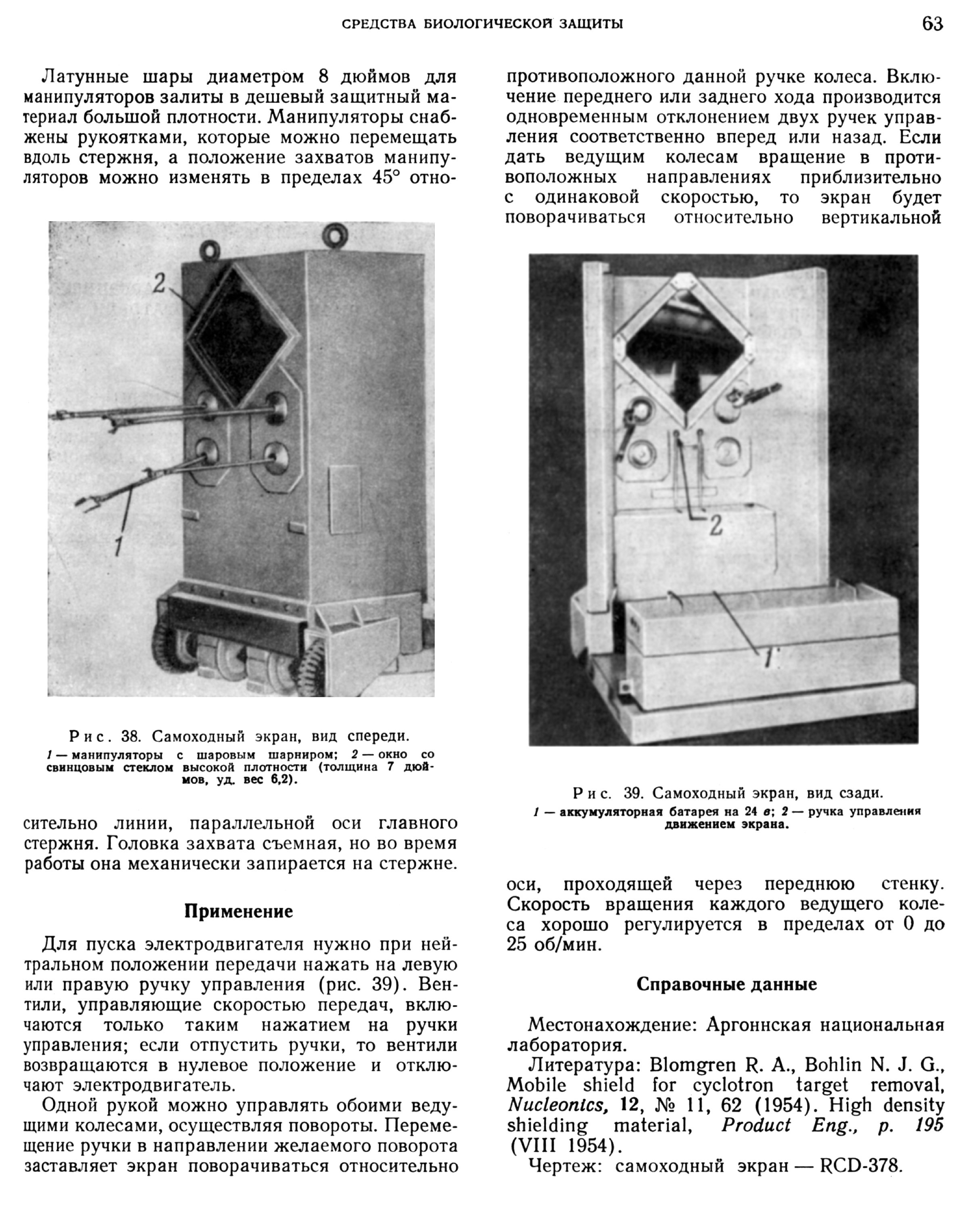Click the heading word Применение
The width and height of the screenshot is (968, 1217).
click(x=239, y=911)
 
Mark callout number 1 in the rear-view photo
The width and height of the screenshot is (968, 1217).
click(x=768, y=658)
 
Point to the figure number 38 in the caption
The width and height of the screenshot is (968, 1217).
click(x=130, y=736)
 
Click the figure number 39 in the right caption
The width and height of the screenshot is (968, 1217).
click(x=634, y=793)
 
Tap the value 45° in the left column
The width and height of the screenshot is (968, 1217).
click(x=386, y=177)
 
